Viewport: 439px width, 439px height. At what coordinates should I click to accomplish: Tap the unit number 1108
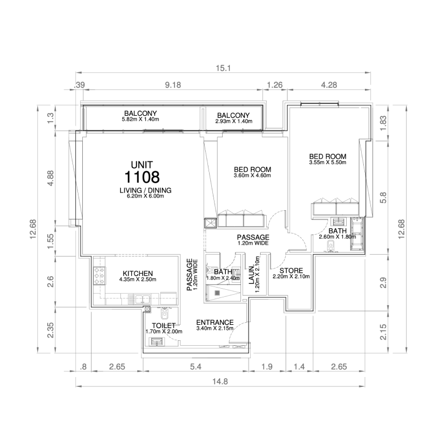142,177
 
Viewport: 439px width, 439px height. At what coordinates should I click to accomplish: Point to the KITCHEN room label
137,273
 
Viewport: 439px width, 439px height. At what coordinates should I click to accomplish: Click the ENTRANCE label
215,322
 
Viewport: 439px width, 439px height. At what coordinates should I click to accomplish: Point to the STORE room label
291,271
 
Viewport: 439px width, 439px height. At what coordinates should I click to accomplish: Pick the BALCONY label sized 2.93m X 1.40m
233,114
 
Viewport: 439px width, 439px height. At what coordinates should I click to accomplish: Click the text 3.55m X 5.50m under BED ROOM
328,162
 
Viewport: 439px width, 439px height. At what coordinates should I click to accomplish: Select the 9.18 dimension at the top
174,85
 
